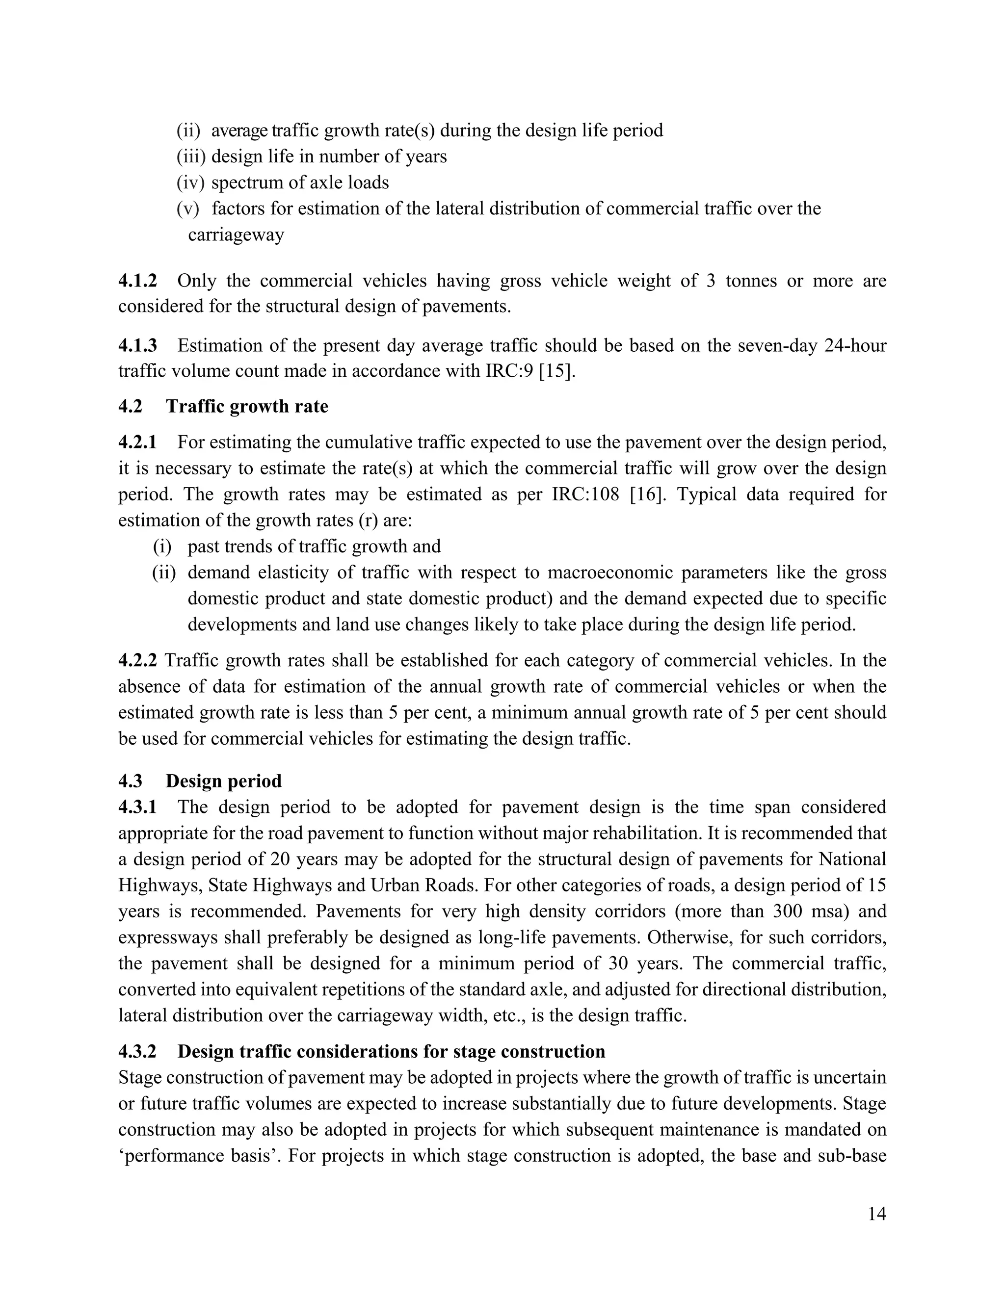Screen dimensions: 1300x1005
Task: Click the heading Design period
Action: coord(223,781)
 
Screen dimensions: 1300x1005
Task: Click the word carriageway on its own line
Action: coord(236,235)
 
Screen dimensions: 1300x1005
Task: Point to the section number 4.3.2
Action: coord(137,1052)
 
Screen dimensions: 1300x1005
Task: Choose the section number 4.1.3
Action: coord(137,346)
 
